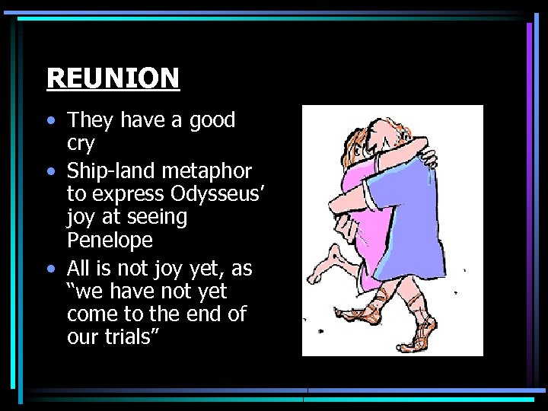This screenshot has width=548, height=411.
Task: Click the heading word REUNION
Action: pyautogui.click(x=113, y=78)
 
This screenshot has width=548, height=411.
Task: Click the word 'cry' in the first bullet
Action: pyautogui.click(x=81, y=145)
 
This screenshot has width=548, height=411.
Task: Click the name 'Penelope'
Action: pyautogui.click(x=110, y=241)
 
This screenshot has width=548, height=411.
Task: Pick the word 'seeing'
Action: pyautogui.click(x=157, y=217)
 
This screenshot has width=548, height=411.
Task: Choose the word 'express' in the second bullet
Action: pyautogui.click(x=126, y=193)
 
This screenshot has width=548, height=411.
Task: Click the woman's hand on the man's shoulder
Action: pyautogui.click(x=429, y=159)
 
